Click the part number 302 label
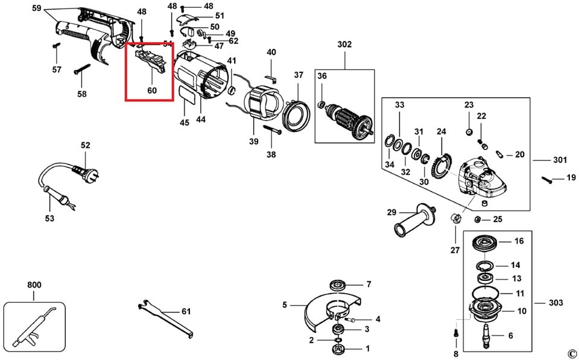click(344, 44)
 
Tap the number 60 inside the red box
click(151, 90)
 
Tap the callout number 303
click(555, 302)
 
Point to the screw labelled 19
click(548, 178)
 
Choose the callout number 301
click(560, 160)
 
